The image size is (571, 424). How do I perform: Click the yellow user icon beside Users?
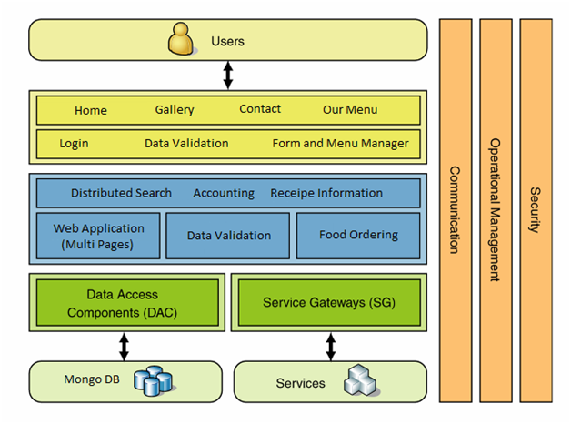(181, 41)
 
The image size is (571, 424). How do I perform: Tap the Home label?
(91, 110)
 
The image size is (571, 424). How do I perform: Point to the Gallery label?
(175, 109)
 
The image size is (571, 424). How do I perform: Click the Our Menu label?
(350, 109)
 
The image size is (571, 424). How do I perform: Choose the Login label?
(75, 143)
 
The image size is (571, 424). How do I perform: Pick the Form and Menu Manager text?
(340, 143)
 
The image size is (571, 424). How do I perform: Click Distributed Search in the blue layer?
(121, 193)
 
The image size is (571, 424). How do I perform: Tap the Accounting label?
(224, 193)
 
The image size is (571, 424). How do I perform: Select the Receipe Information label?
(326, 193)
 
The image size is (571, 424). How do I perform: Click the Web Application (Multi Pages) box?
(98, 236)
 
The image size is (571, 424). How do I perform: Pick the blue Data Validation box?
(228, 236)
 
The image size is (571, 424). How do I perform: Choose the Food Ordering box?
(358, 236)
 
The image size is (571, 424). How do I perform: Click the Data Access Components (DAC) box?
(127, 302)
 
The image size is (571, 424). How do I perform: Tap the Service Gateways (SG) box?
(328, 302)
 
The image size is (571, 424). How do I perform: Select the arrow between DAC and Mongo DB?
(124, 346)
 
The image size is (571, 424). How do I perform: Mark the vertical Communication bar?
(455, 209)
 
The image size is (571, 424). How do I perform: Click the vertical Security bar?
(535, 209)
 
